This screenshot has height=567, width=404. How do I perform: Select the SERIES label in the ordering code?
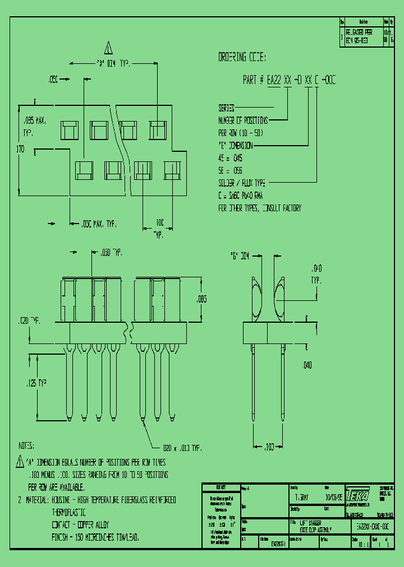tap(226, 108)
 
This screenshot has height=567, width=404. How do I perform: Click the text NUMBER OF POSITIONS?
tap(243, 120)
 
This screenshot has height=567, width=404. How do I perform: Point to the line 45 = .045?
tap(230, 158)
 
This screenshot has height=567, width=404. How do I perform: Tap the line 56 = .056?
tap(230, 170)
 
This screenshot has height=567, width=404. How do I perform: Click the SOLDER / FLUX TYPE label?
tap(242, 183)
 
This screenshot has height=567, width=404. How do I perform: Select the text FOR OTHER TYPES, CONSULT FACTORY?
tap(259, 208)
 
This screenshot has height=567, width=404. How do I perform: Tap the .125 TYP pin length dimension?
tap(36, 383)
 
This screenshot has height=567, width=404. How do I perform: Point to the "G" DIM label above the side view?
tap(240, 256)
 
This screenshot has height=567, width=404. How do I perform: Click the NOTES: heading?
tap(26, 446)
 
